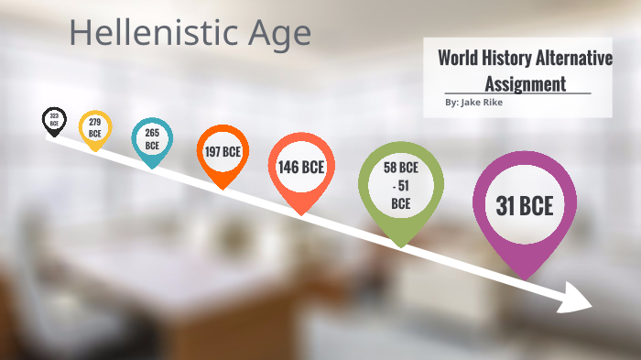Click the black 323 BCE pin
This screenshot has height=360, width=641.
[x=54, y=120]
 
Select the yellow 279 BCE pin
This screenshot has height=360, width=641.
[x=95, y=128]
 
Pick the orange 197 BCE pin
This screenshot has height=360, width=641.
[x=223, y=151]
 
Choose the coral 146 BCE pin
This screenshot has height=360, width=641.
[x=301, y=169]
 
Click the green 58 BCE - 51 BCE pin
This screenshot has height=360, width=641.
[x=400, y=187]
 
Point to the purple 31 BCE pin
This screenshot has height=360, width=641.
[x=525, y=207]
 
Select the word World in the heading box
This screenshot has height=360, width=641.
[x=459, y=59]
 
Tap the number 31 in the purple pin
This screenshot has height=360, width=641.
[x=505, y=207]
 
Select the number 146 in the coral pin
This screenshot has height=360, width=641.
[x=289, y=168]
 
